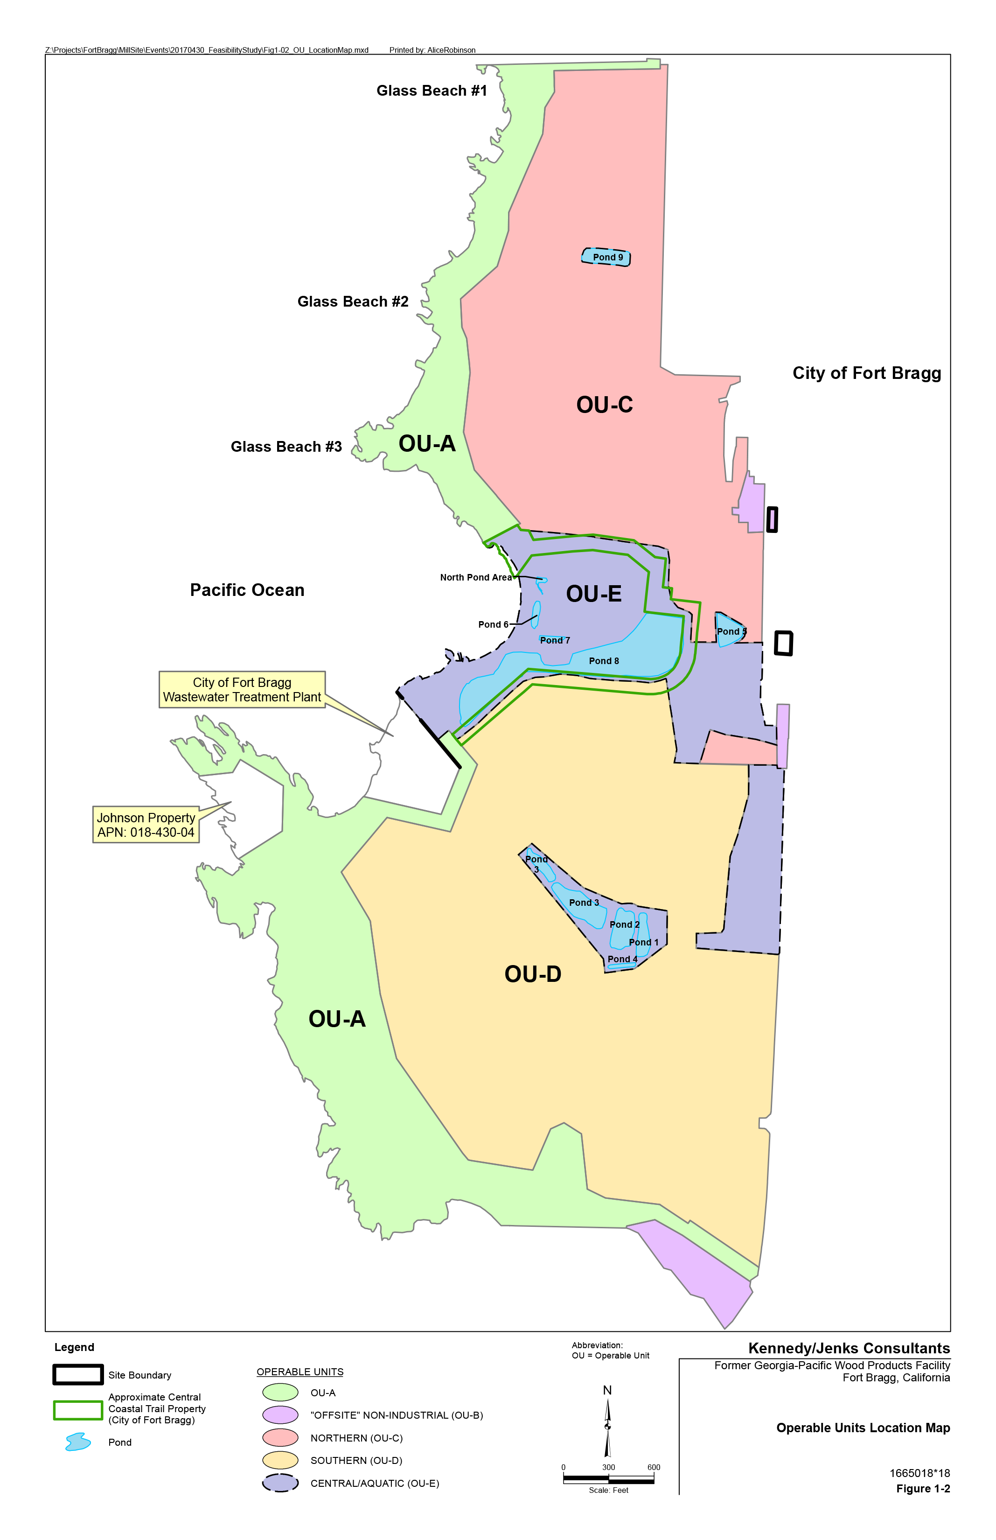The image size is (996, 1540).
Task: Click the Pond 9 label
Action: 607,258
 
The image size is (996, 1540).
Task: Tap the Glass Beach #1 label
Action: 432,91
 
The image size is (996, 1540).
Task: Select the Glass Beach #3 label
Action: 286,447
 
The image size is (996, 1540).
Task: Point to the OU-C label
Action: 604,405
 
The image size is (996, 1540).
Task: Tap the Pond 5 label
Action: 731,631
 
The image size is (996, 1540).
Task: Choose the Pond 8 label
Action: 603,661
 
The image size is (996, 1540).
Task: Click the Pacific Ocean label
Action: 247,590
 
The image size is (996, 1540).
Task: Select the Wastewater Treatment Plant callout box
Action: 242,689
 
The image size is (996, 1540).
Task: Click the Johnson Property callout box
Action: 146,825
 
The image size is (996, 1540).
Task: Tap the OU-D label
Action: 532,974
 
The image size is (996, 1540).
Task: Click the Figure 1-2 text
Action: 922,1488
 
